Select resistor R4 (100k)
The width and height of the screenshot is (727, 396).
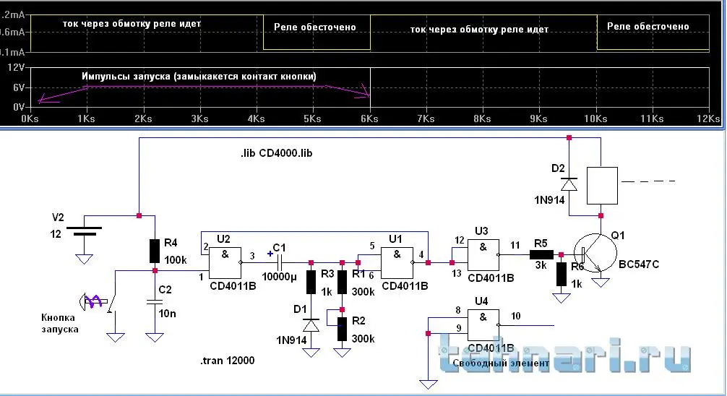[x=154, y=251]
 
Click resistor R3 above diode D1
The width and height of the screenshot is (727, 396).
[x=311, y=282]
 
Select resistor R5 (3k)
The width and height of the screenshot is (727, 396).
[x=539, y=254]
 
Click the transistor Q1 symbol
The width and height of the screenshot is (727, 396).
[x=594, y=256]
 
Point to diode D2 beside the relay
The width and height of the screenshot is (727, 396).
[x=569, y=184]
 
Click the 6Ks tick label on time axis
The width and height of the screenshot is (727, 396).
[x=370, y=118]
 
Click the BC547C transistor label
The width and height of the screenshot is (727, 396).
[x=639, y=265]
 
